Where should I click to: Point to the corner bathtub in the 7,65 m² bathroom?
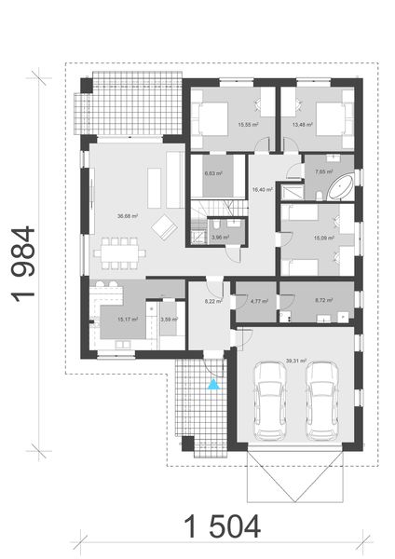(x=336, y=187)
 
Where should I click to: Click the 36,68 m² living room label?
(x=128, y=216)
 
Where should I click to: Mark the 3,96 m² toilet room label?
(x=221, y=238)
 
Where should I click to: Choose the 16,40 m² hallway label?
(x=262, y=189)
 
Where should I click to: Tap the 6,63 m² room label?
(x=213, y=172)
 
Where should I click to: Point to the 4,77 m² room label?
(x=259, y=301)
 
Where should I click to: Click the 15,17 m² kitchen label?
(x=128, y=320)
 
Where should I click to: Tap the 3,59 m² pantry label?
(x=169, y=320)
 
